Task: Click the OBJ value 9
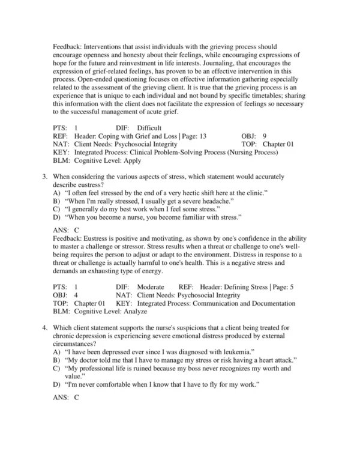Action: (x=265, y=136)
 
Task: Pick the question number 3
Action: (x=45, y=178)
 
